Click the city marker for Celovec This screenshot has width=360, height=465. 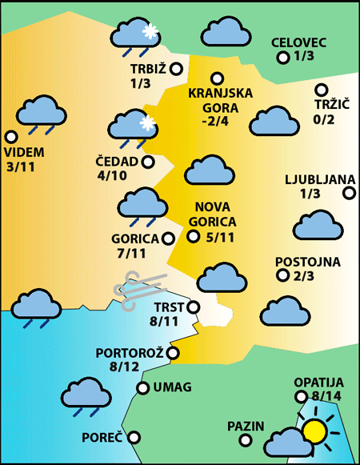pos(282,58)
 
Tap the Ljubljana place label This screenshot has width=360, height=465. pos(314,179)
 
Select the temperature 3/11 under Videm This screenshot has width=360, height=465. pos(21,166)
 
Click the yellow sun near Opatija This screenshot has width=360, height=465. pos(315,431)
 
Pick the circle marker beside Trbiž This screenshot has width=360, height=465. pos(176,69)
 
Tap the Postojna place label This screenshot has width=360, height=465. pos(307,262)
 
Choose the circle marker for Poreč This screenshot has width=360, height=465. pos(134,438)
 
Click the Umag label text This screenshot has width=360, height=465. pos(172,388)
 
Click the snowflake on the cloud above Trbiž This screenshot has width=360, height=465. pos(148,31)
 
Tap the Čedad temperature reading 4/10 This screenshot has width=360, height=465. pos(111,176)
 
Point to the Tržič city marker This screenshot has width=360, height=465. pos(321,90)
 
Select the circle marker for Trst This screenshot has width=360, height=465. pos(193,307)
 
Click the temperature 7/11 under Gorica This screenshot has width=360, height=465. pos(131,254)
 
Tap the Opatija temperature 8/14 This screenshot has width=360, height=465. pos(328,396)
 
